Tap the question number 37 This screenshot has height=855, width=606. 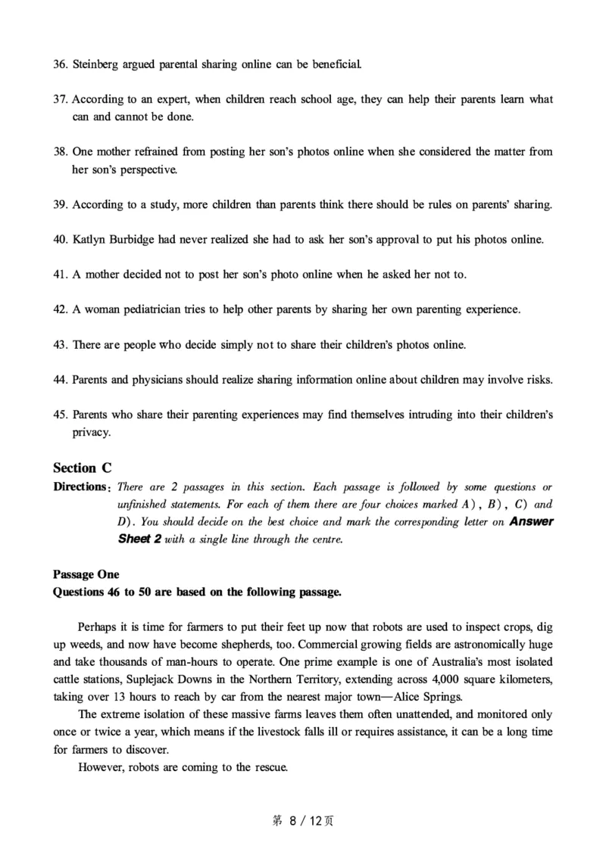[61, 99]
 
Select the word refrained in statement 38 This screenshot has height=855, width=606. [157, 151]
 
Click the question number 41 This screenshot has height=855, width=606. [61, 274]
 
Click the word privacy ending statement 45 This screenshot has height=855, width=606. [91, 432]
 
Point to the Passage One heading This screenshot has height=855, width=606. [86, 574]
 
